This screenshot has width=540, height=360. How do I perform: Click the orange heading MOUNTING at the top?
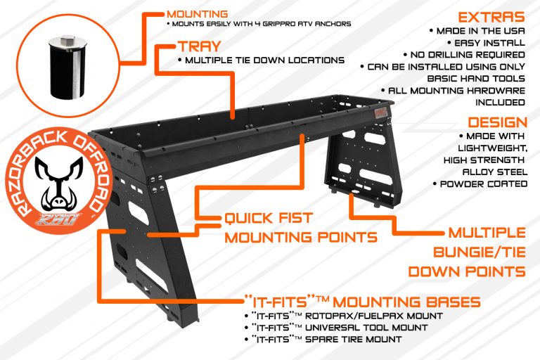198,13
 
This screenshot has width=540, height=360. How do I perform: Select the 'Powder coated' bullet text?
487,184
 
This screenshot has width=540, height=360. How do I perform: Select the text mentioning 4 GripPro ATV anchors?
260,25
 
